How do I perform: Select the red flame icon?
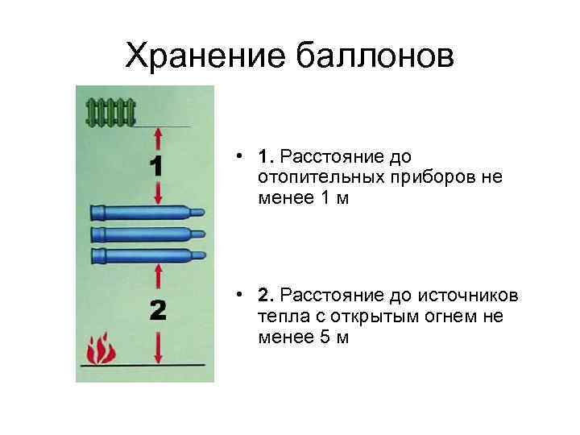[101, 350]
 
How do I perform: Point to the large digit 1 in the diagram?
[157, 167]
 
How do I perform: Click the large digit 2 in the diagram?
[158, 310]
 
